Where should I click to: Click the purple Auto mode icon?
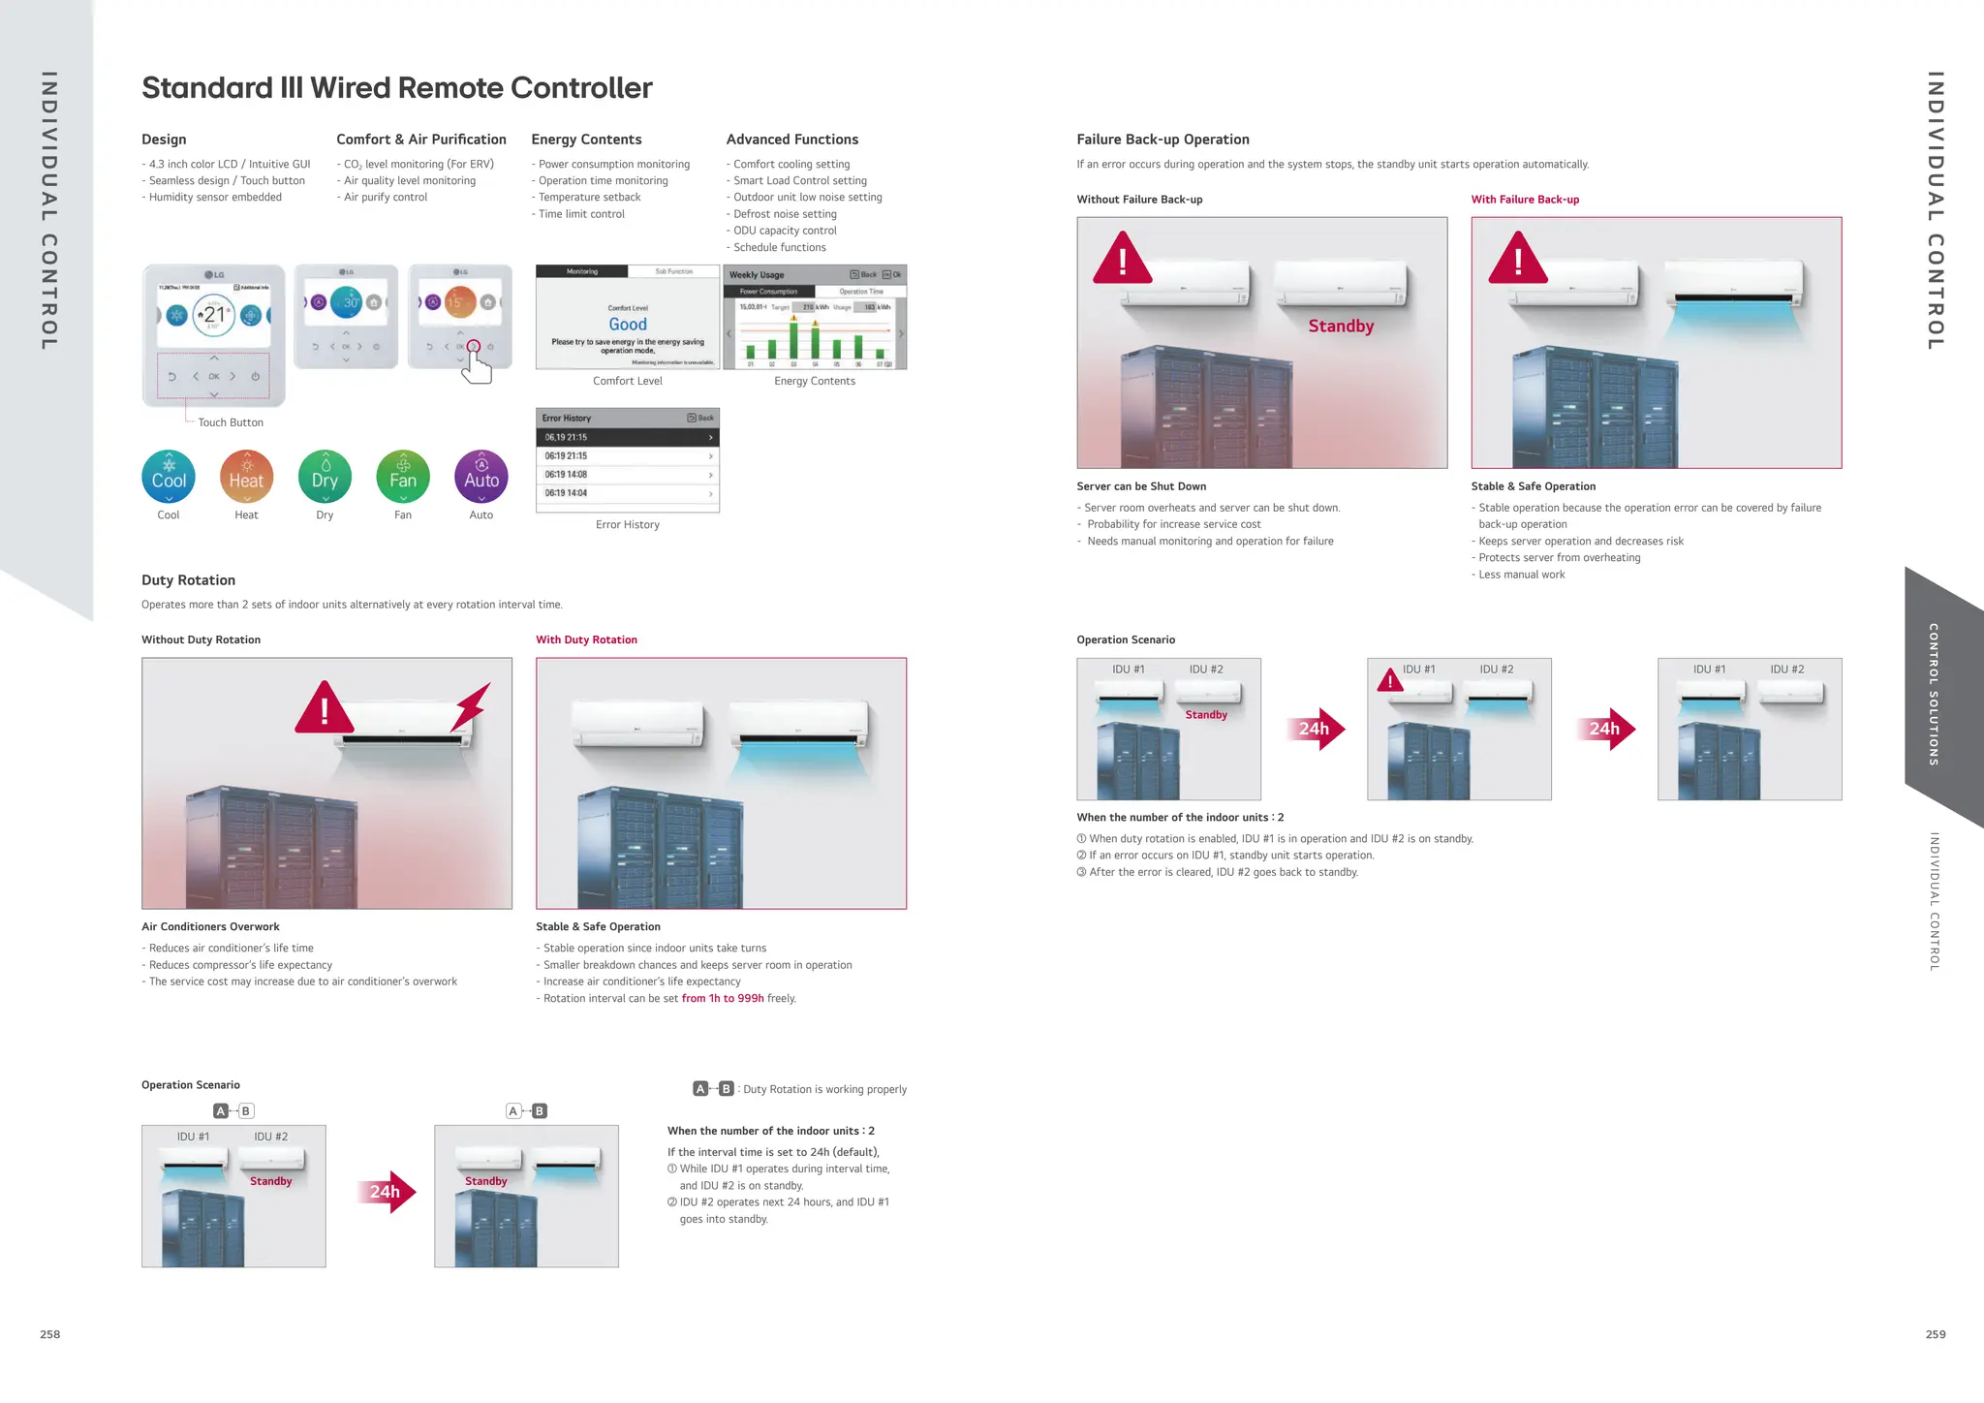480,477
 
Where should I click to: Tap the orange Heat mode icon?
246,477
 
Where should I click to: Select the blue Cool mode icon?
169,477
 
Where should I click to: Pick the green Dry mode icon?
325,477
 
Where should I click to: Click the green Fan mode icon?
403,477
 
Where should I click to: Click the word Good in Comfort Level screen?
628,325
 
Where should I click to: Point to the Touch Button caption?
231,422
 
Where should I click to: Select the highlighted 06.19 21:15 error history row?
627,437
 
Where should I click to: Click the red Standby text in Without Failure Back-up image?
1341,327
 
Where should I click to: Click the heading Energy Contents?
586,140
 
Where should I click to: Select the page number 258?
50,1334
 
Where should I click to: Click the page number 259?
1935,1334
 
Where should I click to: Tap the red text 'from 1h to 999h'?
723,998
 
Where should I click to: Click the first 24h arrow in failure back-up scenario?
1317,729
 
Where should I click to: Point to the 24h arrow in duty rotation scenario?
387,1192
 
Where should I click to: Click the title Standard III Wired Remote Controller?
397,88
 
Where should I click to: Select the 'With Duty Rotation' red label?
586,639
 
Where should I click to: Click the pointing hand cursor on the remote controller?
477,367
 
